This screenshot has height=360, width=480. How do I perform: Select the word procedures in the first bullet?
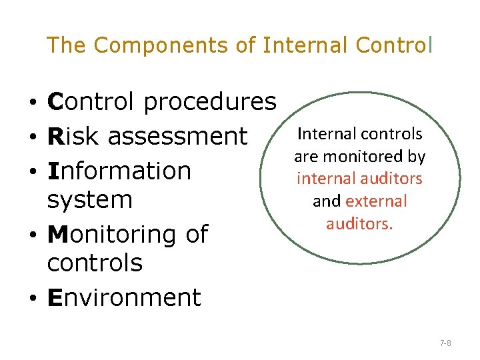pyautogui.click(x=209, y=102)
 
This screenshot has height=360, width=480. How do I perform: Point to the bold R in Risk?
pyautogui.click(x=55, y=136)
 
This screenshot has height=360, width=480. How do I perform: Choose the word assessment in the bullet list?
pyautogui.click(x=177, y=136)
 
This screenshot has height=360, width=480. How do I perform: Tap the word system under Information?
pyautogui.click(x=90, y=199)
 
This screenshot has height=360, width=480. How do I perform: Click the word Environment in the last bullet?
pyautogui.click(x=124, y=297)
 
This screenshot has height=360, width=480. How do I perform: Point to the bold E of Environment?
pyautogui.click(x=55, y=297)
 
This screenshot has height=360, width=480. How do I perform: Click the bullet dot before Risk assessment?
pyautogui.click(x=32, y=137)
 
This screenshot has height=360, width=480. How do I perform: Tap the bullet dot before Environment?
pyautogui.click(x=32, y=299)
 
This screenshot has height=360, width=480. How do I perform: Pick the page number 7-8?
pyautogui.click(x=445, y=343)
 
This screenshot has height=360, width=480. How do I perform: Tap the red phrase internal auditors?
pyautogui.click(x=359, y=179)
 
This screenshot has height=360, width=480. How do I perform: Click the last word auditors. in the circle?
pyautogui.click(x=359, y=223)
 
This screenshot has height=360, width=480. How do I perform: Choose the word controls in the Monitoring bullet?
pyautogui.click(x=95, y=263)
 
